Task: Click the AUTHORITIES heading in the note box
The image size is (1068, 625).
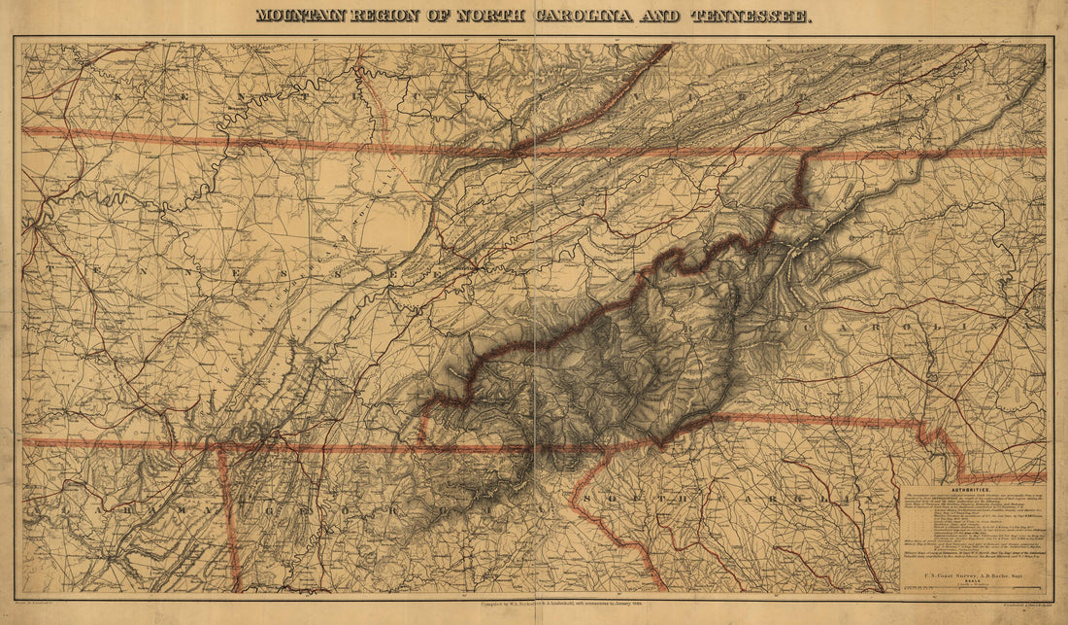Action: pos(974,492)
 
